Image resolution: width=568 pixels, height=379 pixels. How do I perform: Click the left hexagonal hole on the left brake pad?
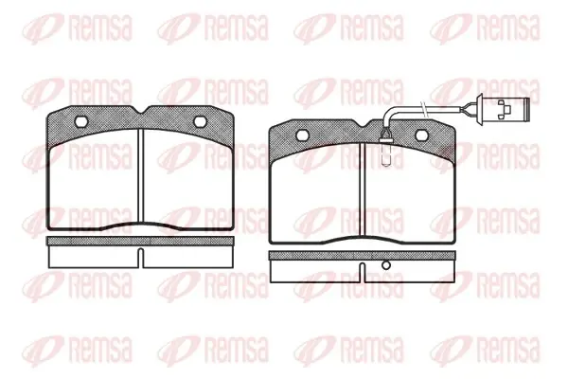click(80, 121)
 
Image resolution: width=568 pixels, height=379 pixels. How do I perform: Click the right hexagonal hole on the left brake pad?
click(200, 121)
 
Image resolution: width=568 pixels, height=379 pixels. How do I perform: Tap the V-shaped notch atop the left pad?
click(140, 110)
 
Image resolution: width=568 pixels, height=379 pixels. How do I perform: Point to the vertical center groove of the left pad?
click(140, 176)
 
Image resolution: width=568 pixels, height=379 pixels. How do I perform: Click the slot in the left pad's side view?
click(140, 259)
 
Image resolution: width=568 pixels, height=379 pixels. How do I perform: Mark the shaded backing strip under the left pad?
click(140, 241)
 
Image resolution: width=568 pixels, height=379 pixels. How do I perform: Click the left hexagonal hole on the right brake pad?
click(303, 135)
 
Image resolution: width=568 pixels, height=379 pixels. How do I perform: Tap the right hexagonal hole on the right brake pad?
click(421, 135)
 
